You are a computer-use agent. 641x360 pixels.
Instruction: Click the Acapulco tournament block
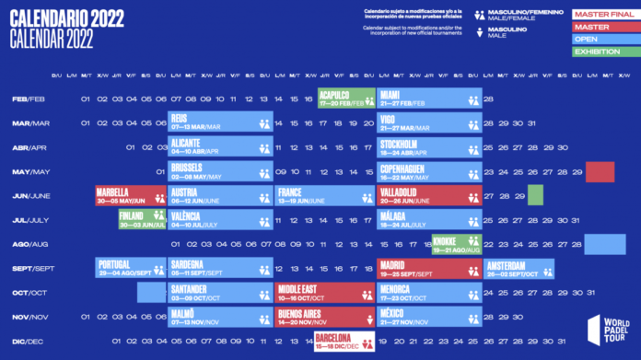click(x=346, y=99)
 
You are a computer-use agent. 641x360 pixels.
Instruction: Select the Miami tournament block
click(x=429, y=99)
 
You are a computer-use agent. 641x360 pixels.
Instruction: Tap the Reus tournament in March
click(x=220, y=122)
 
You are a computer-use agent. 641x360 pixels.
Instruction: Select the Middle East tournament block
click(x=324, y=292)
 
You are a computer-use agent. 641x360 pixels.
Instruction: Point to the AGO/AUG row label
click(x=29, y=244)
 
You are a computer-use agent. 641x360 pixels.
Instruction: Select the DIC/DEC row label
click(x=28, y=341)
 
